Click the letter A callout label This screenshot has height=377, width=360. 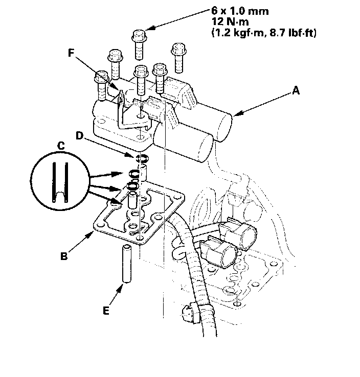pyautogui.click(x=296, y=90)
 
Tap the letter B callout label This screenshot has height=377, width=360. pyautogui.click(x=64, y=256)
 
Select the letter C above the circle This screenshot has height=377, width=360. pyautogui.click(x=61, y=146)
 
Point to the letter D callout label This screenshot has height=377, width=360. pyautogui.click(x=79, y=136)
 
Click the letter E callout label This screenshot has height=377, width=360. pyautogui.click(x=106, y=311)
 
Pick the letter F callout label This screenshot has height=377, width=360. pyautogui.click(x=71, y=53)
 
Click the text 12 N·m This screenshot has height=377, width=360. pyautogui.click(x=230, y=22)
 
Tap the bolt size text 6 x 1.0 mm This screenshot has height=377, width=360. pyautogui.click(x=240, y=11)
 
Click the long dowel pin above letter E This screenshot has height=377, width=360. pyautogui.click(x=127, y=263)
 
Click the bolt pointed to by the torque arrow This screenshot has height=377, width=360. pyautogui.click(x=139, y=44)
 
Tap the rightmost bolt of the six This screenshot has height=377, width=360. pyautogui.click(x=179, y=58)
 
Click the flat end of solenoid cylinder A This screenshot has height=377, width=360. pyautogui.click(x=226, y=127)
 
